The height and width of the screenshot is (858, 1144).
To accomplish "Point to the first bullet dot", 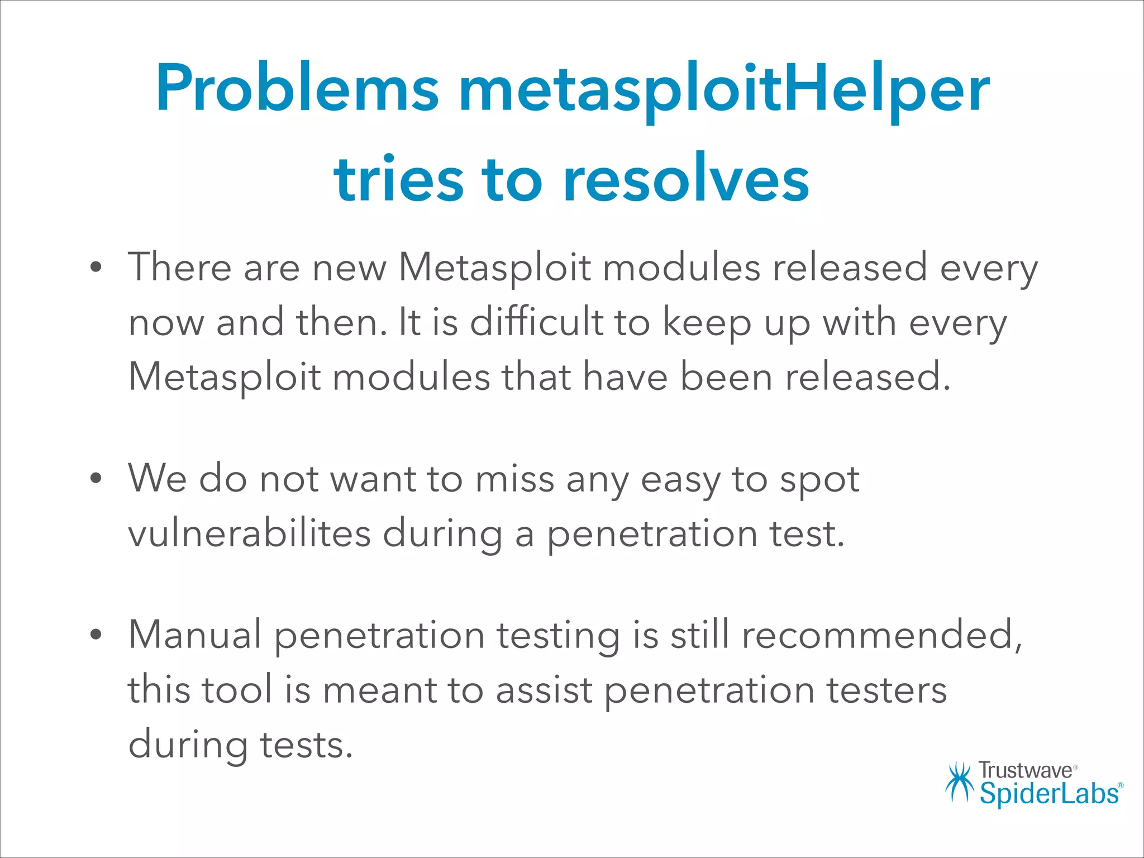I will [x=96, y=268].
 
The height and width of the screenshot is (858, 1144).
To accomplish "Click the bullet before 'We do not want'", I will [x=96, y=479].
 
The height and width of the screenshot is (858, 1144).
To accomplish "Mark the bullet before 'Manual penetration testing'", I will [x=96, y=635].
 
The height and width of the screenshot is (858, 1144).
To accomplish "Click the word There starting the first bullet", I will [x=179, y=267].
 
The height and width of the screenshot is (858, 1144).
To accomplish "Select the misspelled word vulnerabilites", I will [x=249, y=533].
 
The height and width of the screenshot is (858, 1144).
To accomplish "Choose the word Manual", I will [x=195, y=635].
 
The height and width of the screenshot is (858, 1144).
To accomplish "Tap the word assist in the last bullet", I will [x=544, y=689].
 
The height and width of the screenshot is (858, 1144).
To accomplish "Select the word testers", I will [x=886, y=689].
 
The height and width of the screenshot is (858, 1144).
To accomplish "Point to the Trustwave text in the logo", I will [x=1025, y=770].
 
